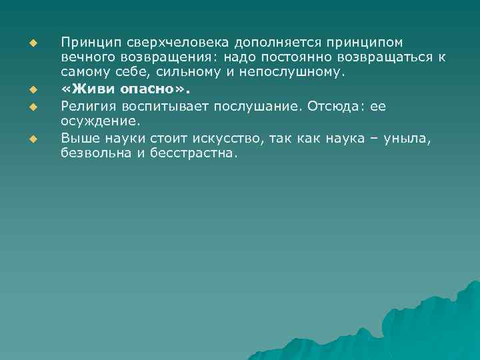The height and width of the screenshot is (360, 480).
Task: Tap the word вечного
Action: pyautogui.click(x=87, y=58)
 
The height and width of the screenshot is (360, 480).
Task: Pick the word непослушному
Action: pyautogui.click(x=299, y=72)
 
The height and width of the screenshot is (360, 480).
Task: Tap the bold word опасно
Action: pyautogui.click(x=147, y=89)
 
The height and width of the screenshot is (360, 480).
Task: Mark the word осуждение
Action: pyautogui.click(x=93, y=120)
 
